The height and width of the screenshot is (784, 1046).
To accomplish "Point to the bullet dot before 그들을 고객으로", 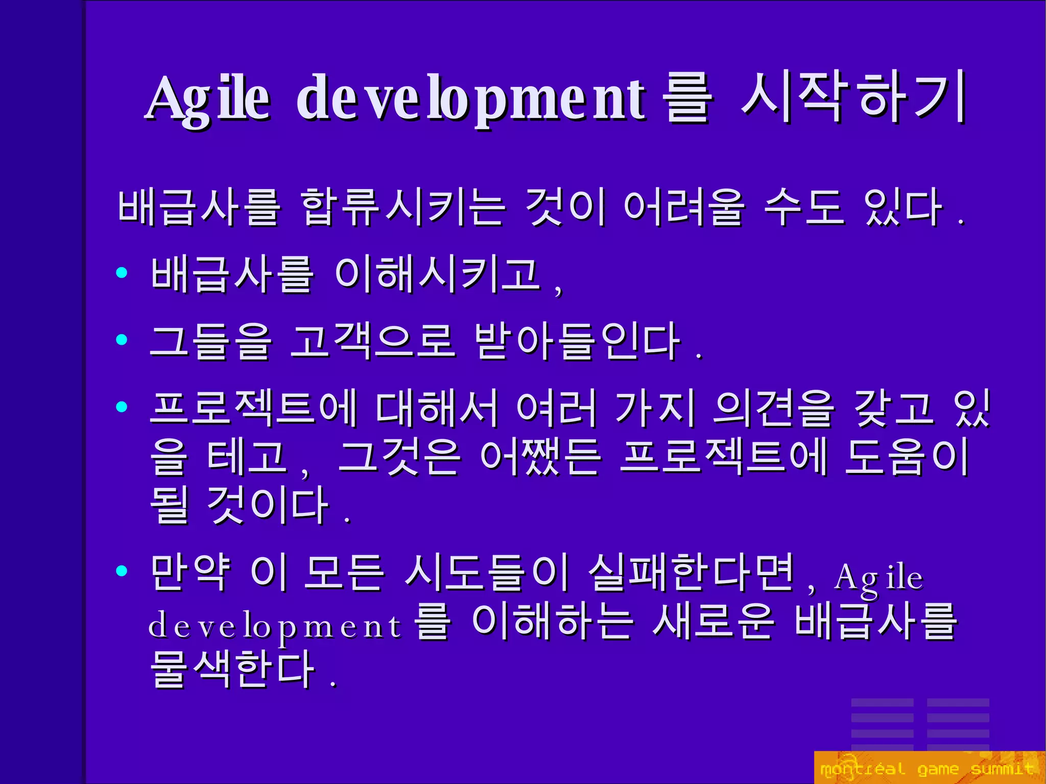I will tap(122, 339).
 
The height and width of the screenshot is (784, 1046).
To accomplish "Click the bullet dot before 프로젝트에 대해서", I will tap(122, 407).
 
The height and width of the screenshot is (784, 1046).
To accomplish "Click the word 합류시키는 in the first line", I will tap(403, 206).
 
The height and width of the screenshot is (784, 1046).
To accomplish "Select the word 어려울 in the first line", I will tap(684, 206).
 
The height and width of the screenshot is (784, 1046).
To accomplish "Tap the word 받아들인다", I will tap(577, 341).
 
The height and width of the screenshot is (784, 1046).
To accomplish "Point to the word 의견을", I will tap(773, 408).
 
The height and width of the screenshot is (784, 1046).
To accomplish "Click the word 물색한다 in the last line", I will tap(232, 669).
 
